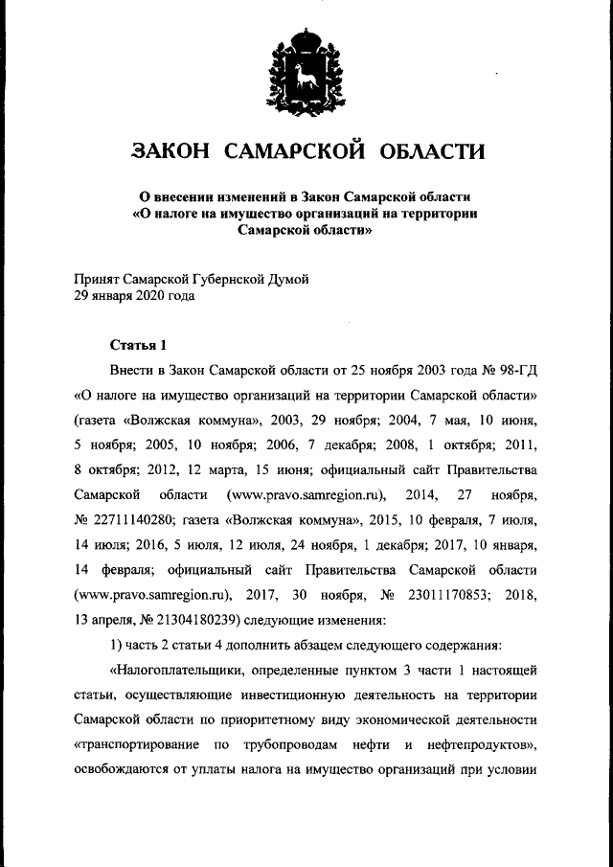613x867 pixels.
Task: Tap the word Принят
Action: (97, 279)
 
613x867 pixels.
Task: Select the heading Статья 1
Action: (138, 346)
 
